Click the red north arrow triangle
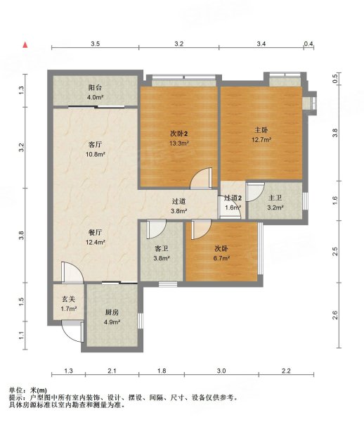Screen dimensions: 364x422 click(x=25, y=45)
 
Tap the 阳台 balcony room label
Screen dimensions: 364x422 click(x=95, y=87)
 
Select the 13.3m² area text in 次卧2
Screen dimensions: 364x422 click(x=178, y=143)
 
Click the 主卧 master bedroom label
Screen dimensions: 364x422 click(x=261, y=130)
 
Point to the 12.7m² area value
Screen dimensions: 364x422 click(x=261, y=140)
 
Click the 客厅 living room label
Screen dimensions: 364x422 click(x=95, y=144)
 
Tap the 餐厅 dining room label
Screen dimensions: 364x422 click(x=95, y=232)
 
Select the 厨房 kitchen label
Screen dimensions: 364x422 click(x=112, y=312)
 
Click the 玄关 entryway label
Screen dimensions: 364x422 click(x=69, y=299)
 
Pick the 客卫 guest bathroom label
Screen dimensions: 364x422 click(x=162, y=248)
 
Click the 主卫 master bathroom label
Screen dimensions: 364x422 click(x=275, y=198)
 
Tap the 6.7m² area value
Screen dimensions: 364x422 click(x=221, y=258)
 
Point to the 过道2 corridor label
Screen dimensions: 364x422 click(x=233, y=198)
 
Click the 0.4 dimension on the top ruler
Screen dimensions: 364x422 click(x=308, y=44)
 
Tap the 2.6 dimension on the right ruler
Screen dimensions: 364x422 click(x=334, y=315)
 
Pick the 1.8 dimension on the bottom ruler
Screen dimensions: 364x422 click(x=162, y=371)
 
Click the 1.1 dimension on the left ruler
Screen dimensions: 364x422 click(x=22, y=335)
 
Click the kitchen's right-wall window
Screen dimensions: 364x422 click(x=141, y=321)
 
